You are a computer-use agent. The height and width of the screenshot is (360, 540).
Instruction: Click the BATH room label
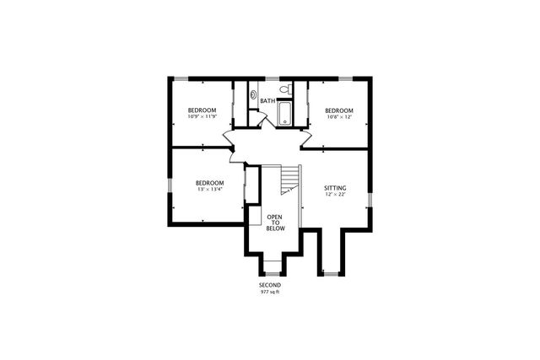pyautogui.click(x=267, y=101)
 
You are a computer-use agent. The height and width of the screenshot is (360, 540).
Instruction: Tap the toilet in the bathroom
pyautogui.click(x=286, y=89)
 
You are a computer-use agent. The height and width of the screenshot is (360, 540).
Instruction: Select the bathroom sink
pyautogui.click(x=254, y=94)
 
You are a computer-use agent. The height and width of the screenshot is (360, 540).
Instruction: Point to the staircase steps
pyautogui.click(x=290, y=178)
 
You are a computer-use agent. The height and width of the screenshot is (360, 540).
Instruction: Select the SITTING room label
pyautogui.click(x=335, y=187)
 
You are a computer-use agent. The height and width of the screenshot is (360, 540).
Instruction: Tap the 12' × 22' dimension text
pyautogui.click(x=335, y=195)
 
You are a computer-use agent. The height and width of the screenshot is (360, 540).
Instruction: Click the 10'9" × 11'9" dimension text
pyautogui.click(x=202, y=118)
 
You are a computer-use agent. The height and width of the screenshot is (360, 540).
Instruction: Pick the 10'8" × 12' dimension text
pyautogui.click(x=338, y=118)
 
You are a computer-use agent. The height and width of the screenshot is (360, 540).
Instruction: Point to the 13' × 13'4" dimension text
pyautogui.click(x=209, y=190)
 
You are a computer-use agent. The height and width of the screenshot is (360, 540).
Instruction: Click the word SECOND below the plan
pyautogui.click(x=269, y=285)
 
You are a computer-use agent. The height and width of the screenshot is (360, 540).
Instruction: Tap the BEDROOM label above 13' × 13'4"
pyautogui.click(x=209, y=183)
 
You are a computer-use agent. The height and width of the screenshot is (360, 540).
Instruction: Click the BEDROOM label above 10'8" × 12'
pyautogui.click(x=338, y=110)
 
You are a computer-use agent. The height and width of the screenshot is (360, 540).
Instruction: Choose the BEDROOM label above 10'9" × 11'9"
pyautogui.click(x=202, y=110)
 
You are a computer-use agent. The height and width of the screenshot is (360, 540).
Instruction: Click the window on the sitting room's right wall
pyautogui.click(x=372, y=199)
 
